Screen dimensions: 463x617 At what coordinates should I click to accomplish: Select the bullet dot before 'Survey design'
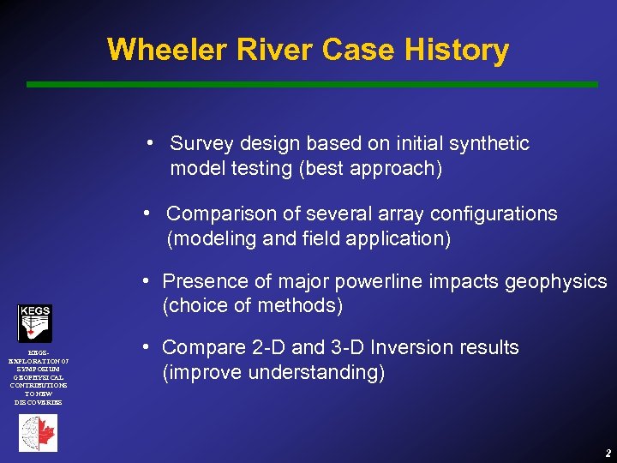pos(150,142)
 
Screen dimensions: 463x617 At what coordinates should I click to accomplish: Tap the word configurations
pos(491,213)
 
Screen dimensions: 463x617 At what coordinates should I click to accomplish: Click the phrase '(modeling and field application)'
pos(308,239)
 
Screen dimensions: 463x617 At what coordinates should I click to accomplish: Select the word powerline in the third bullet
pos(366,281)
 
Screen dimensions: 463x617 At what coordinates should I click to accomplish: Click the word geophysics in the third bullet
pos(560,281)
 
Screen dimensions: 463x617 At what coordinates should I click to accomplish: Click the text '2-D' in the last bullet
pos(256,347)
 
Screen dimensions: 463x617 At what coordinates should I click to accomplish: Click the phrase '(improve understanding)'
pos(273,373)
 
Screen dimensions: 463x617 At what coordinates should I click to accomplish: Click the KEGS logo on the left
pos(35,322)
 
